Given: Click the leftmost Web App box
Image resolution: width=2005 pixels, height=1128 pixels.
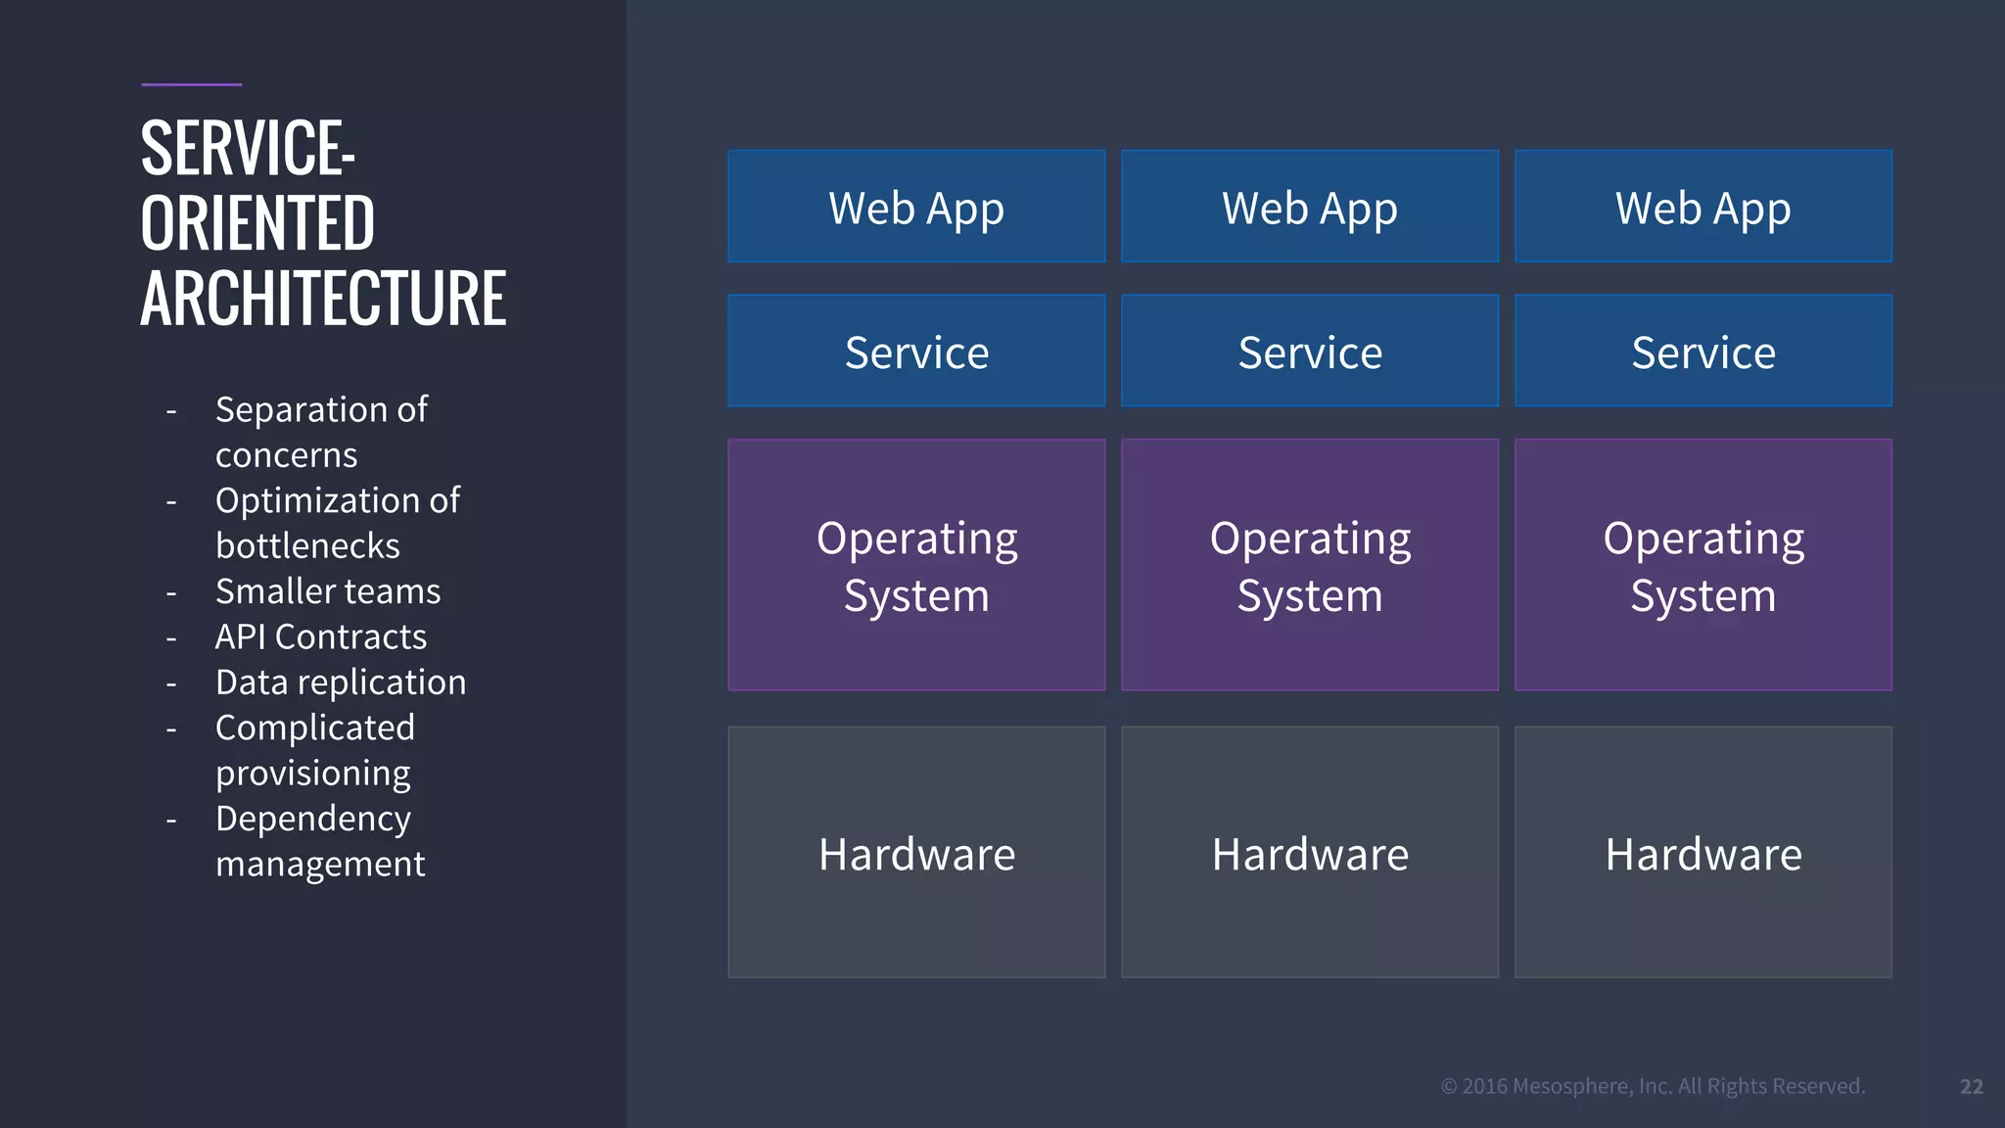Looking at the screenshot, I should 916,207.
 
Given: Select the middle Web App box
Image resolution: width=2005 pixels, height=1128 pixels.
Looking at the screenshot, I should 1310,207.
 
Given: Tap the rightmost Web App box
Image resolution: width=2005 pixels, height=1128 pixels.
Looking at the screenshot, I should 1703,207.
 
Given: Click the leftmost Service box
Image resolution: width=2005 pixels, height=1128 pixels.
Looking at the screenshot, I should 916,352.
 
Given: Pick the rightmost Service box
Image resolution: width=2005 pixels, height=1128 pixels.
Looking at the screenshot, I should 1703,352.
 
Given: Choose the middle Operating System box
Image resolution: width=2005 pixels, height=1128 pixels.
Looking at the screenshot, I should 1310,565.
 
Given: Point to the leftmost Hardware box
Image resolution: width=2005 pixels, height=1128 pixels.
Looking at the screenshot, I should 916,852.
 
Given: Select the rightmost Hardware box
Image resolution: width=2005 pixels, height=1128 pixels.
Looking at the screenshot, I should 1703,852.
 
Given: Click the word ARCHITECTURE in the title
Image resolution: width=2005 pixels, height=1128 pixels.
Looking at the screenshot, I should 323,299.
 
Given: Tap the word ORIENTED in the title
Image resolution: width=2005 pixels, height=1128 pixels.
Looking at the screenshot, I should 257,223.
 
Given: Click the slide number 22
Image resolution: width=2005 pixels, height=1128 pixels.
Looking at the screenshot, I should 1972,1086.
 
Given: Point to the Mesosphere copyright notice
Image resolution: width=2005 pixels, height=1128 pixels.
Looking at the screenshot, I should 1653,1086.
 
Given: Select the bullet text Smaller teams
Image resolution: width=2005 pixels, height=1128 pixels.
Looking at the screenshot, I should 328,591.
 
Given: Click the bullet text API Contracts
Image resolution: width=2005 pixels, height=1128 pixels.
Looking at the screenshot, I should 321,636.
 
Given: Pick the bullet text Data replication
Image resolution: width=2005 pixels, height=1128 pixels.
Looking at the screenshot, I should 341,682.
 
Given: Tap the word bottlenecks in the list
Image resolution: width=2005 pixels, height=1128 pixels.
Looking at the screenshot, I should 307,546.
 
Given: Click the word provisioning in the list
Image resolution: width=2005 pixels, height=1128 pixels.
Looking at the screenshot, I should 313,774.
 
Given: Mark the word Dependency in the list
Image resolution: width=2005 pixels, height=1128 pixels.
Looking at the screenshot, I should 313,819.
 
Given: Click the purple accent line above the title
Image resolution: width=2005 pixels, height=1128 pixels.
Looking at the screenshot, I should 191,85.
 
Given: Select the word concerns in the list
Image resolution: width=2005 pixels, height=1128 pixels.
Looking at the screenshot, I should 287,455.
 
